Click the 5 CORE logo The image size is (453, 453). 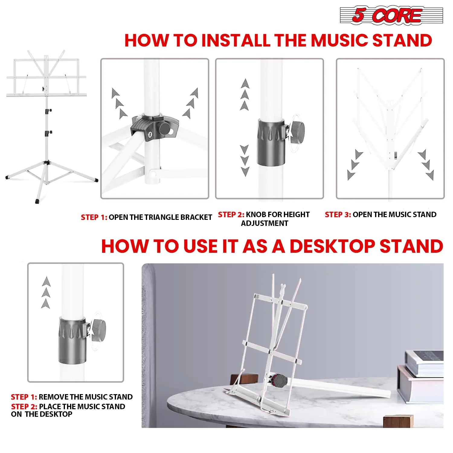(391, 15)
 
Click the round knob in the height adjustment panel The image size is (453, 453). (297, 130)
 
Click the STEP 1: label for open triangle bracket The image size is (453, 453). (94, 217)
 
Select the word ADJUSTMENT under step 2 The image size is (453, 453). (265, 223)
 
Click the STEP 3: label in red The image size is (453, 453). (338, 215)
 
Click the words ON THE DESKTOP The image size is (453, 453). (42, 414)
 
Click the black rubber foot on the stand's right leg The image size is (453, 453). (96, 180)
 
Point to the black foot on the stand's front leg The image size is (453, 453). (37, 201)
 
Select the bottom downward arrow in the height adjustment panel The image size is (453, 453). (245, 172)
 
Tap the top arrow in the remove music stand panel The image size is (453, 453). (46, 281)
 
